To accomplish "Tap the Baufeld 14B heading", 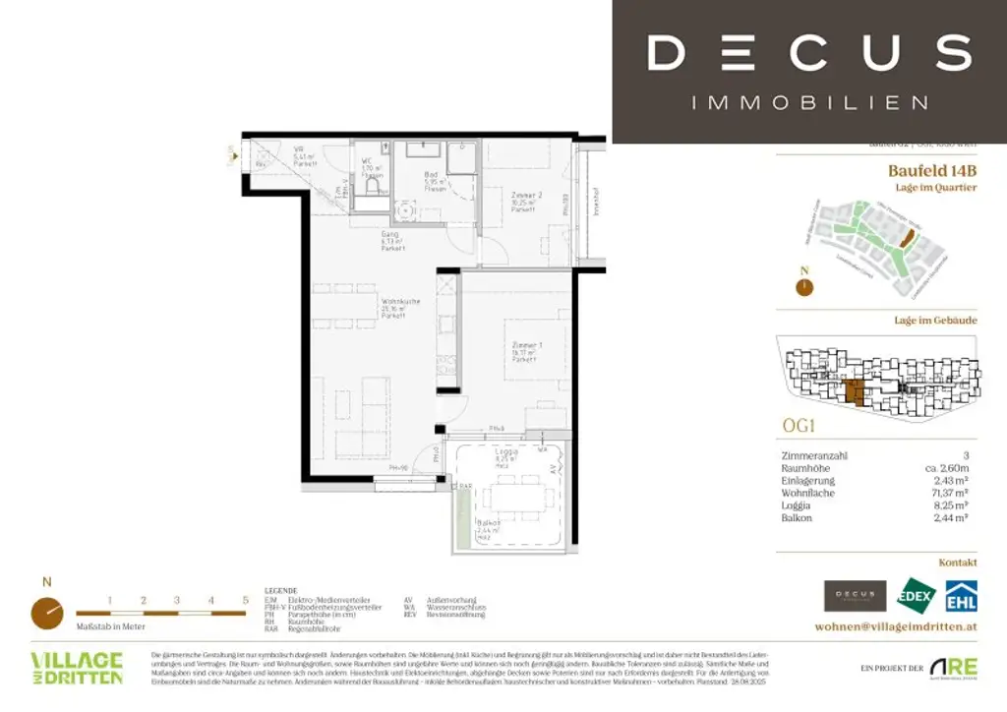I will [x=932, y=169].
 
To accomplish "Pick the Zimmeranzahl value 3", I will [x=967, y=455].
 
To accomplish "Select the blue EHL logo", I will [x=961, y=595].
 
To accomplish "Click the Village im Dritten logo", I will [x=77, y=667].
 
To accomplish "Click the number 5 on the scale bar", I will [x=245, y=599].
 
